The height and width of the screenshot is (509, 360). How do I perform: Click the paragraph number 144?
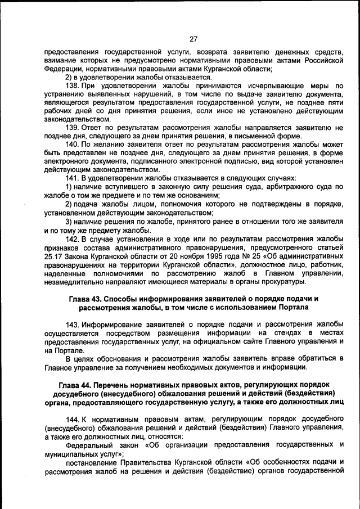pyautogui.click(x=73, y=420)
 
